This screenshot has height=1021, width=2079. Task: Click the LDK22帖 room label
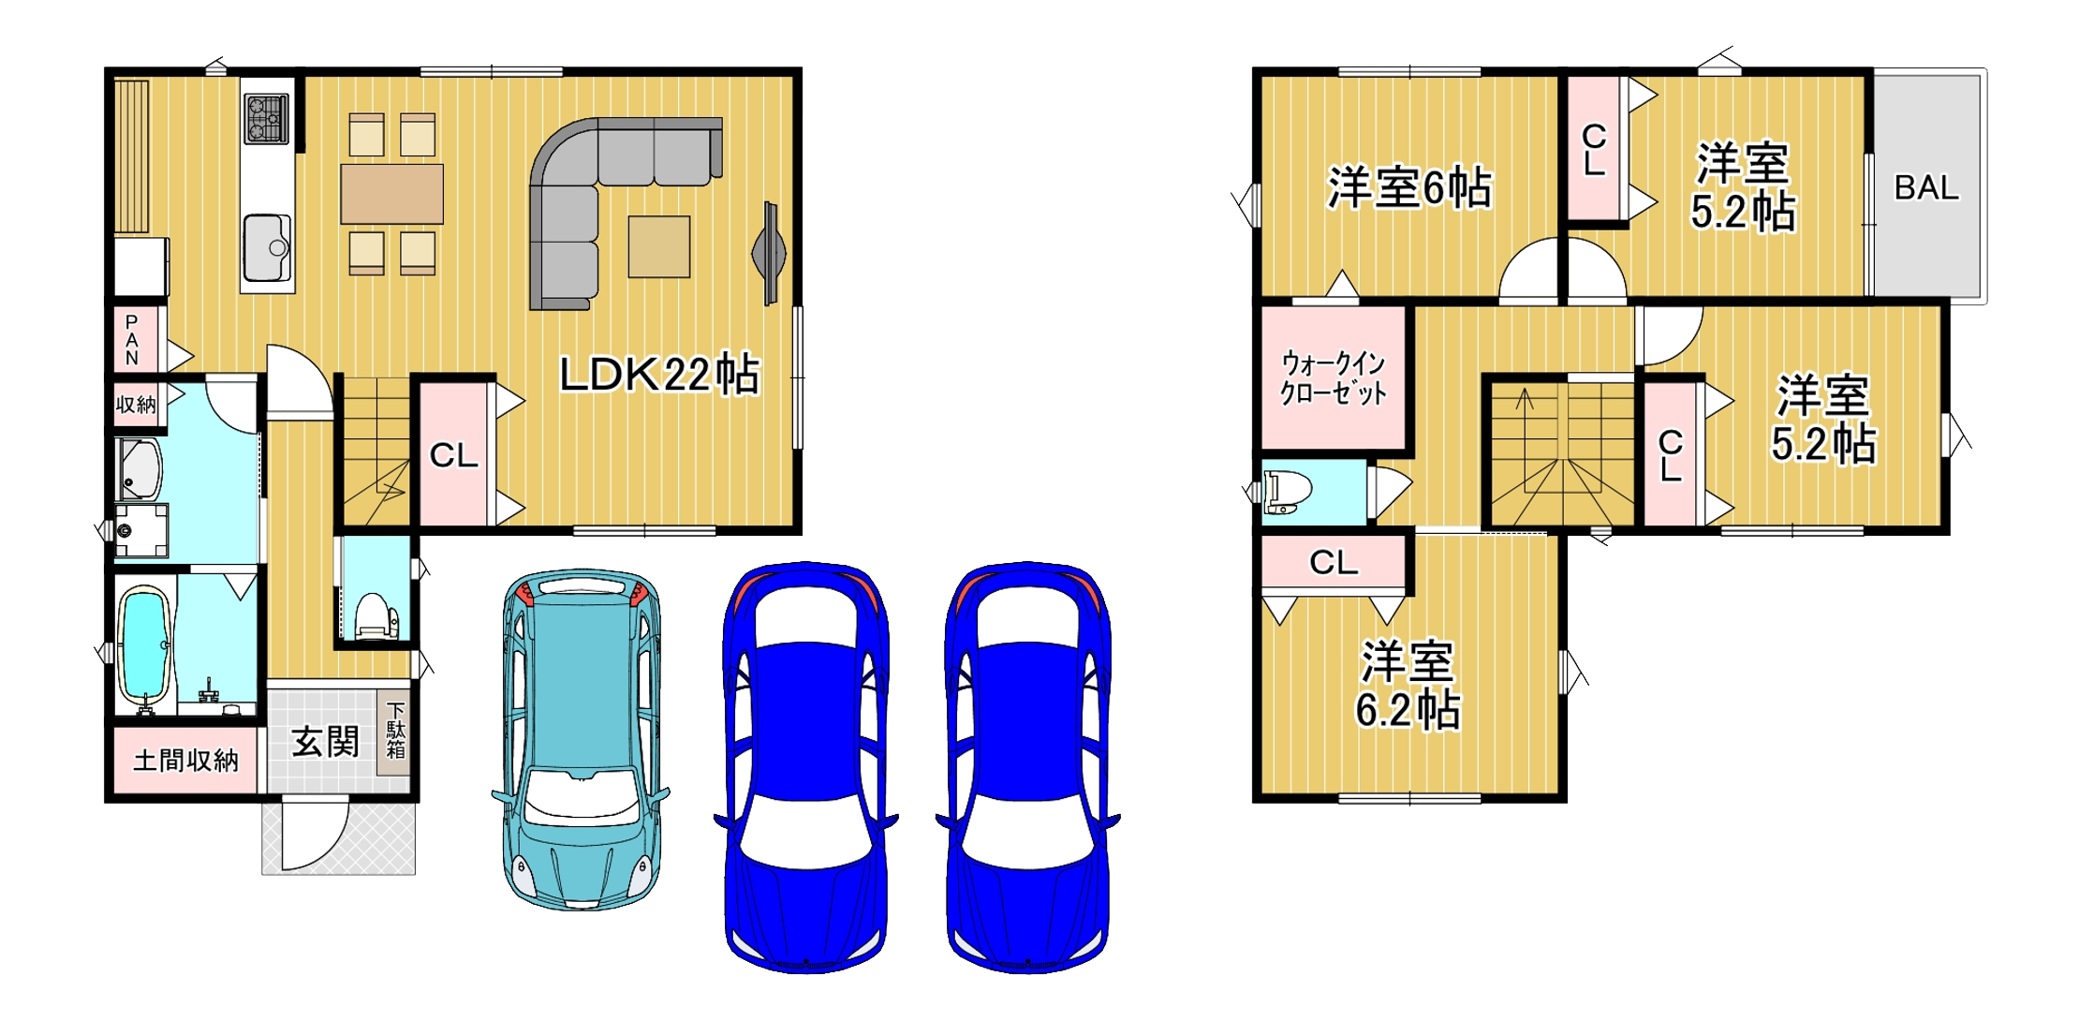[658, 375]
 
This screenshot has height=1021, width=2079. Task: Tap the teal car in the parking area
[581, 740]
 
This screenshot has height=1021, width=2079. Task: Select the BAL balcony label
[1925, 188]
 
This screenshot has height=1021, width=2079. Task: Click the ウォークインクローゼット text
[1333, 377]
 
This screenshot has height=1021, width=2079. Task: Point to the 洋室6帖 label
[1408, 188]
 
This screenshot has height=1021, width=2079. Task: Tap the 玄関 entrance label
[325, 742]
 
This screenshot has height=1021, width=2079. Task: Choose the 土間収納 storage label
[185, 760]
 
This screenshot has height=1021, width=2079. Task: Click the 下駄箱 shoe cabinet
[395, 732]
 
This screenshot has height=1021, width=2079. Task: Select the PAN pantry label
[132, 340]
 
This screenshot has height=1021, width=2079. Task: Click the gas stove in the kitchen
[266, 119]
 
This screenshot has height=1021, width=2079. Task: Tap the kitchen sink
[267, 247]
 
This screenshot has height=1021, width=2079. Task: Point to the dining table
[391, 194]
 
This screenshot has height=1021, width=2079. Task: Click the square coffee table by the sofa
[659, 247]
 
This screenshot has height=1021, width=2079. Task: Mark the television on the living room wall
[770, 253]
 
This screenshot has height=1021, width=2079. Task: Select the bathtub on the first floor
[144, 645]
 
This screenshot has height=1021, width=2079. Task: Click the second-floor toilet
[1288, 492]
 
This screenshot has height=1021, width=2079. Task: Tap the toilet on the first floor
[376, 615]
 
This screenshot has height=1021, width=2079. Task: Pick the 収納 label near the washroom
[136, 405]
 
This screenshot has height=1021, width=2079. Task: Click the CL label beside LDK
[453, 455]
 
